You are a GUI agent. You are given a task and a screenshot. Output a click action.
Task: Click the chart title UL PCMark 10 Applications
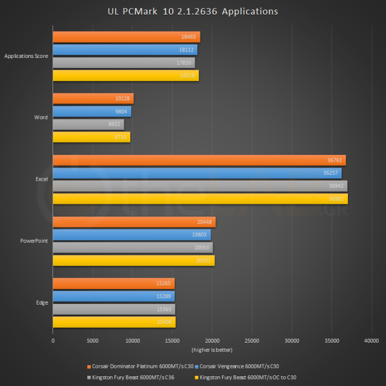(x=193, y=11)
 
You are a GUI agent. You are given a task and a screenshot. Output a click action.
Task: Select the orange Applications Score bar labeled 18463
(x=126, y=37)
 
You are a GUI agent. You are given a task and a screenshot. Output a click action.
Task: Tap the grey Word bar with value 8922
(x=88, y=124)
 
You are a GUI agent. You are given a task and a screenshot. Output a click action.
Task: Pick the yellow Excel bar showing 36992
(x=200, y=199)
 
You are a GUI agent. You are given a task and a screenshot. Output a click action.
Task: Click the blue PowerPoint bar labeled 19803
(x=131, y=235)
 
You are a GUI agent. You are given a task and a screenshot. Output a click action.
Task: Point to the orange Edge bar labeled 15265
(x=114, y=284)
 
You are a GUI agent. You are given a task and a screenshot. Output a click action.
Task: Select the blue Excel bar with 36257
(x=197, y=173)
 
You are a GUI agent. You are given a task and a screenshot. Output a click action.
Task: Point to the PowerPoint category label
(x=34, y=241)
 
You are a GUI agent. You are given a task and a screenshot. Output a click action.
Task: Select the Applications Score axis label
(x=26, y=56)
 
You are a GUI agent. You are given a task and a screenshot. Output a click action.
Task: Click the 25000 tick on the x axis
(x=252, y=341)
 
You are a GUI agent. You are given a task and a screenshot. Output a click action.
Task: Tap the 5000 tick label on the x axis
(x=92, y=341)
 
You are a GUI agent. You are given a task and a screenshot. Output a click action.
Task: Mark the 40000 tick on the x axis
(x=371, y=341)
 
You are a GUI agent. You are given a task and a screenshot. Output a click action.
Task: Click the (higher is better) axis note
(x=212, y=350)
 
